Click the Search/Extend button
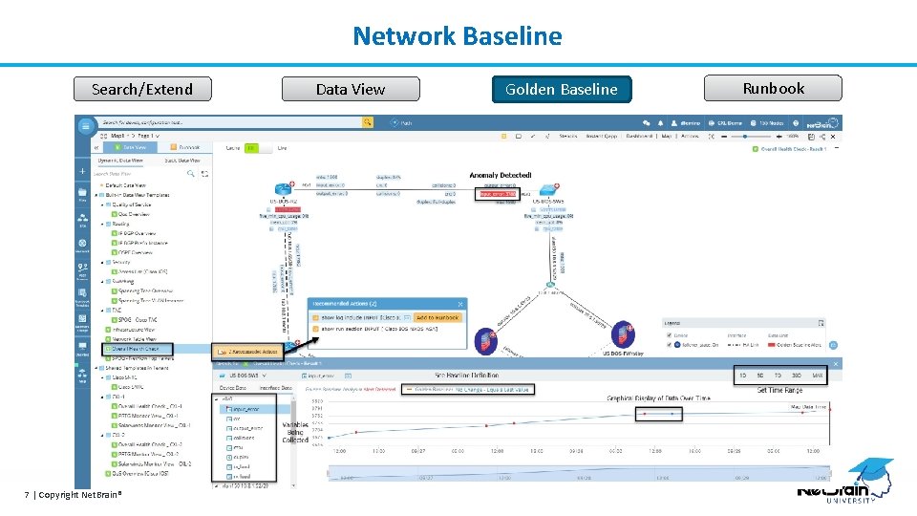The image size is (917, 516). pyautogui.click(x=142, y=89)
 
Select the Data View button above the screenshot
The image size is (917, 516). pyautogui.click(x=350, y=89)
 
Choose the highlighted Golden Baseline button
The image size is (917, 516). pyautogui.click(x=561, y=89)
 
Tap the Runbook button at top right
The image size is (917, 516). pyautogui.click(x=773, y=88)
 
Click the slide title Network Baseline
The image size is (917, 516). pyautogui.click(x=458, y=36)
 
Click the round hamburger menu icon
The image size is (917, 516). pyautogui.click(x=86, y=123)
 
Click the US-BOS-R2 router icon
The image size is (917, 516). pyautogui.click(x=284, y=189)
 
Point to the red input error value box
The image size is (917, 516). pyautogui.click(x=498, y=194)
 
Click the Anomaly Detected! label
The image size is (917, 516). pyautogui.click(x=501, y=176)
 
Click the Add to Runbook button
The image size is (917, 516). pyautogui.click(x=437, y=317)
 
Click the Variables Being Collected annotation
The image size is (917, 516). pyautogui.click(x=295, y=433)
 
